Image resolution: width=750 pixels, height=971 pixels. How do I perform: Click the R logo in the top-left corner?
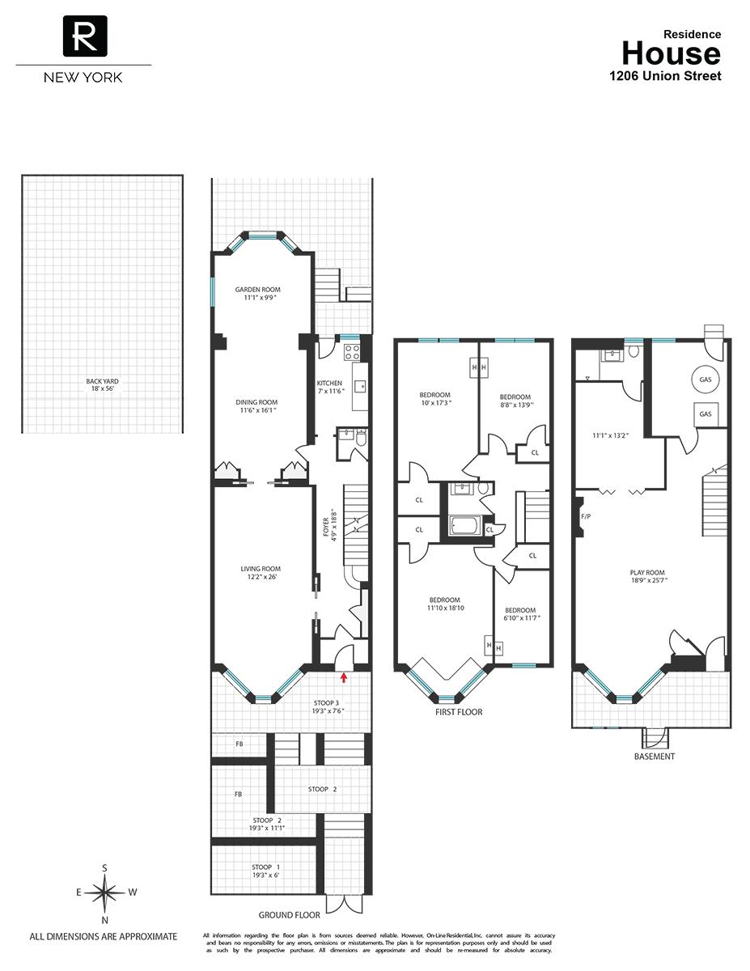(83, 36)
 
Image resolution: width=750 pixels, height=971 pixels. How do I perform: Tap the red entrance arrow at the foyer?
(344, 676)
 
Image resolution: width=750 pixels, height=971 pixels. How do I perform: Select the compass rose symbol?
(105, 893)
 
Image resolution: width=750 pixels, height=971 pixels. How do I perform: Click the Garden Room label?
(257, 290)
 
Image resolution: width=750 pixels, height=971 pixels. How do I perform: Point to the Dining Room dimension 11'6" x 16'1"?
(256, 410)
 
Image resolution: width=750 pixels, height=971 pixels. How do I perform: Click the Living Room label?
(260, 569)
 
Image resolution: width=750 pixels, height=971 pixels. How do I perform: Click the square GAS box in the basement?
(705, 413)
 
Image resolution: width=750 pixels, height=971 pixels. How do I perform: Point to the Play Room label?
(648, 571)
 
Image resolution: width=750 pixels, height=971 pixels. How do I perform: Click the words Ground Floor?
(289, 915)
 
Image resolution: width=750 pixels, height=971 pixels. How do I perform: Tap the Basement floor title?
(655, 757)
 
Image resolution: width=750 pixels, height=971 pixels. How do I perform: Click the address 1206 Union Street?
(664, 76)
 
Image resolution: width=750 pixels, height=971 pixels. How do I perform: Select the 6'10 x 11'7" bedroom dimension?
(519, 618)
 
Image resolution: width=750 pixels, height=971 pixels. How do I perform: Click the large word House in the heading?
(670, 53)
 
